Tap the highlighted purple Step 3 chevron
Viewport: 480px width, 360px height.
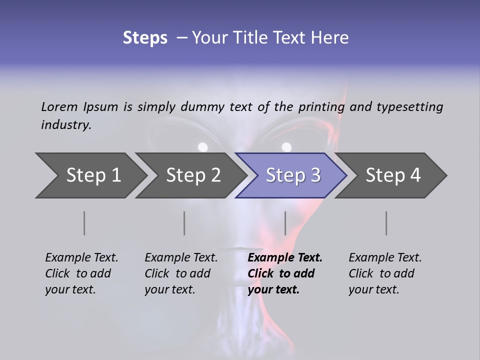pos(292,175)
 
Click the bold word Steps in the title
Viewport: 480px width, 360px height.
pos(145,38)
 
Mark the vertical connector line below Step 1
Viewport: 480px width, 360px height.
pos(84,223)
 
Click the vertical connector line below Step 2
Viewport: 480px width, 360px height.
pos(184,223)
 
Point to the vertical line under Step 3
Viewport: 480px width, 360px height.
pos(285,223)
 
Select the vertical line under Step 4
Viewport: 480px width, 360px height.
pos(386,223)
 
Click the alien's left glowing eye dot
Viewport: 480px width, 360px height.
pos(202,147)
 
